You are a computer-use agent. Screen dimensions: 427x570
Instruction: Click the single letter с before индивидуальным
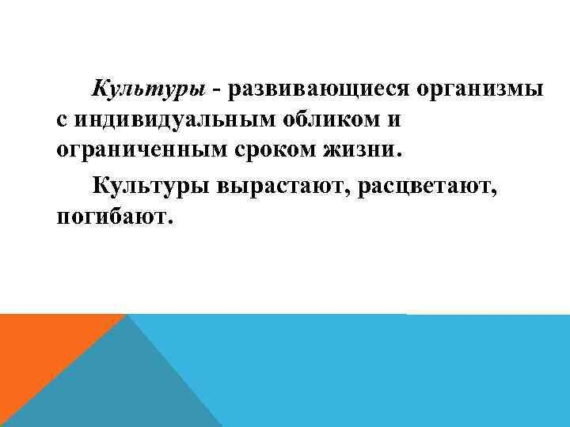[x=63, y=120]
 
